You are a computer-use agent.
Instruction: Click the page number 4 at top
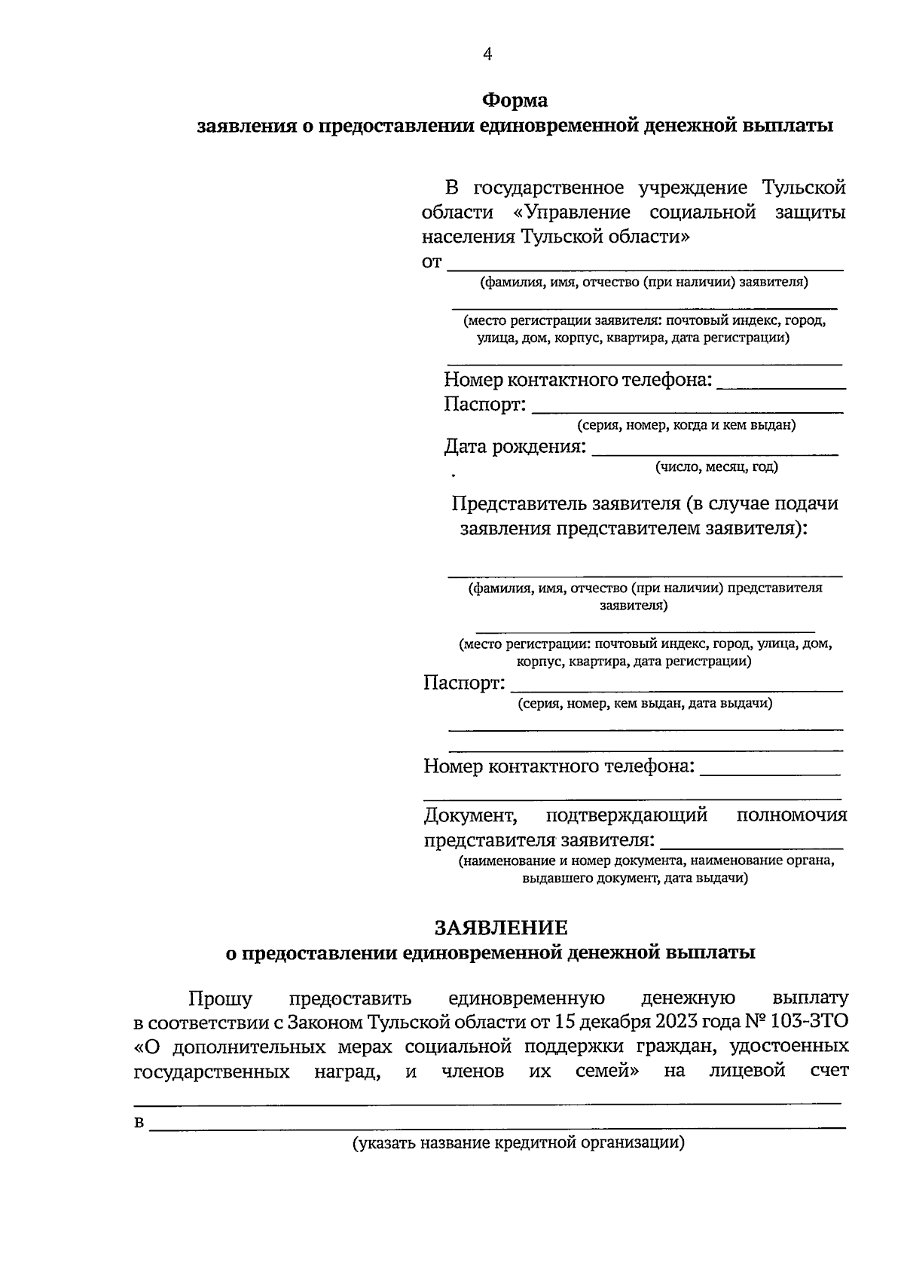point(487,54)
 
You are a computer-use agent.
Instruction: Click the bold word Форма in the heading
point(515,100)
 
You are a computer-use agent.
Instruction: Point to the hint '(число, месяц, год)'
point(716,466)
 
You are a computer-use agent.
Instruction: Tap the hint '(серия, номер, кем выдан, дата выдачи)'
point(644,703)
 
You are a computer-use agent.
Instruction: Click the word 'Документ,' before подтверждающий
point(470,815)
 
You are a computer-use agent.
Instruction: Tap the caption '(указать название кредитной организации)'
point(518,1142)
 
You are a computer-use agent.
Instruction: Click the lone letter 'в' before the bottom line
point(139,1124)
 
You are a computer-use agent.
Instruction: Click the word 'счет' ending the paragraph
point(829,1071)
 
